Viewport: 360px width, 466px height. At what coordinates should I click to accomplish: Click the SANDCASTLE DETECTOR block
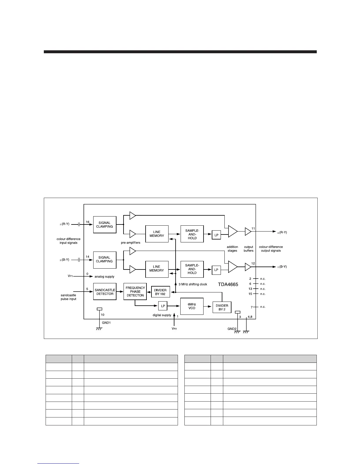point(105,292)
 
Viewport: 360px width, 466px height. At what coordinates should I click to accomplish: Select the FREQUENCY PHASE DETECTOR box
point(135,292)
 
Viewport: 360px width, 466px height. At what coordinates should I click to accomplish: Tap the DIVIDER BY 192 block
point(160,292)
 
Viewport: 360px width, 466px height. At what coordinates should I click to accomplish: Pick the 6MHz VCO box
point(192,306)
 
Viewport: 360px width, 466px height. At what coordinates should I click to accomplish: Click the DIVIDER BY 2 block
point(222,307)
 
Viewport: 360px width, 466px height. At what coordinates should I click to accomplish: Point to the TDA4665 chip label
point(228,284)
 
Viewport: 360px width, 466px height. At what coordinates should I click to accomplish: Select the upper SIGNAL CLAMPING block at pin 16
point(104,225)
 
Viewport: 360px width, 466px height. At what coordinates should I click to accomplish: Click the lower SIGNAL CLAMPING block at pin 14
point(104,259)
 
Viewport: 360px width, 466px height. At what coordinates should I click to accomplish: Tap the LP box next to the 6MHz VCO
point(163,306)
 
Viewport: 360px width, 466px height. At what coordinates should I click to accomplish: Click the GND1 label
point(106,322)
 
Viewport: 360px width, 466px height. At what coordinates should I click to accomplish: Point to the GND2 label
point(232,329)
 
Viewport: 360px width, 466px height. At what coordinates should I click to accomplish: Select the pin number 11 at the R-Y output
point(253,229)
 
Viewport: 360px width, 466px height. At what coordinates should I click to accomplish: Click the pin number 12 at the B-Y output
point(253,263)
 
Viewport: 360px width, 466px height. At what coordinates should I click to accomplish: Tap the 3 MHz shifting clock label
point(193,284)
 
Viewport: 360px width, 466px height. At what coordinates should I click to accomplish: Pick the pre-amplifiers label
point(131,243)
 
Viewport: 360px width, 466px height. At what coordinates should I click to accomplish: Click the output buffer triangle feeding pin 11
point(248,232)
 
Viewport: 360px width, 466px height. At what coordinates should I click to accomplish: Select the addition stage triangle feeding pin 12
point(232,267)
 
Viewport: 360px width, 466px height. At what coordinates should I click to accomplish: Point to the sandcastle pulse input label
point(69,297)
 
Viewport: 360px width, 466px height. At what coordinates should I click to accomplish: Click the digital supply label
point(162,315)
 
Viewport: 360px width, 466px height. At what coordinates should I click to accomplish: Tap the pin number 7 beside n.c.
point(251,307)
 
